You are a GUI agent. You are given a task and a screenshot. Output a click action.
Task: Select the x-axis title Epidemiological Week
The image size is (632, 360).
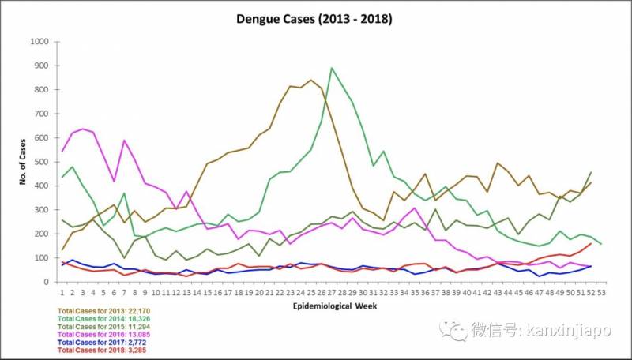tap(324, 304)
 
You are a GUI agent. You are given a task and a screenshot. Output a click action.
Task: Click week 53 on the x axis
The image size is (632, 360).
tap(601, 291)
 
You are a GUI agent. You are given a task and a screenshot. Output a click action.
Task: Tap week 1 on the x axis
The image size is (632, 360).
tap(62, 291)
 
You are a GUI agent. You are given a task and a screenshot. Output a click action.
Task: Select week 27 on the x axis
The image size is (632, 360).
tap(332, 291)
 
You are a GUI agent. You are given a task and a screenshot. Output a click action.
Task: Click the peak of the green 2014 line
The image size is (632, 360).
tap(332, 68)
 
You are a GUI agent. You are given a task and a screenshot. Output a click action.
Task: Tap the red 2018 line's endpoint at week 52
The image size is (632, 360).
tap(591, 243)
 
